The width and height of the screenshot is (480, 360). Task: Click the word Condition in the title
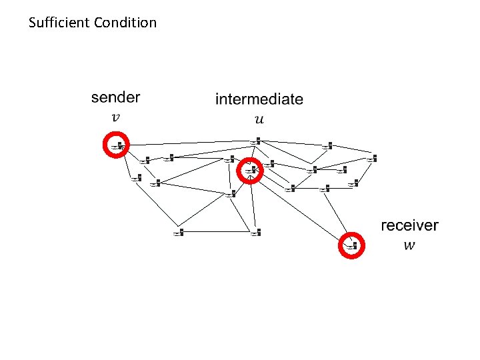click(x=125, y=23)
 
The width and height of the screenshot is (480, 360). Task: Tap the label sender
click(x=115, y=97)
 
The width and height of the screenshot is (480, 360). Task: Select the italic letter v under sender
click(x=115, y=117)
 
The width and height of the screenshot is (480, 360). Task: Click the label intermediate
click(x=259, y=99)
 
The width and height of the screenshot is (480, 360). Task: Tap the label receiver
click(x=409, y=225)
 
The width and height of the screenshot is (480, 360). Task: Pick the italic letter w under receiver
click(x=409, y=245)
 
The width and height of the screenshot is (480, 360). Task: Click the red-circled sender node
click(x=117, y=145)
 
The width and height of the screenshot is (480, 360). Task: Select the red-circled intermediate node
click(x=251, y=171)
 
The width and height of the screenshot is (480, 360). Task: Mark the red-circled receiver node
click(x=351, y=245)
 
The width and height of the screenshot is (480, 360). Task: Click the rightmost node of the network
click(x=372, y=159)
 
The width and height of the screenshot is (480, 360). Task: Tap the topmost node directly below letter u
click(x=257, y=141)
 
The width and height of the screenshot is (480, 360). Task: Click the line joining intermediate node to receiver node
click(x=300, y=208)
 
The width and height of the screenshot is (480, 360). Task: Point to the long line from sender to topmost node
click(x=187, y=143)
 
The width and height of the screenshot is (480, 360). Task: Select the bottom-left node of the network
click(x=178, y=233)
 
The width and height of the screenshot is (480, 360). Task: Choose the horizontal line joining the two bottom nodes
click(x=217, y=233)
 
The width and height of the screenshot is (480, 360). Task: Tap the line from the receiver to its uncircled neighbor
click(x=338, y=217)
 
